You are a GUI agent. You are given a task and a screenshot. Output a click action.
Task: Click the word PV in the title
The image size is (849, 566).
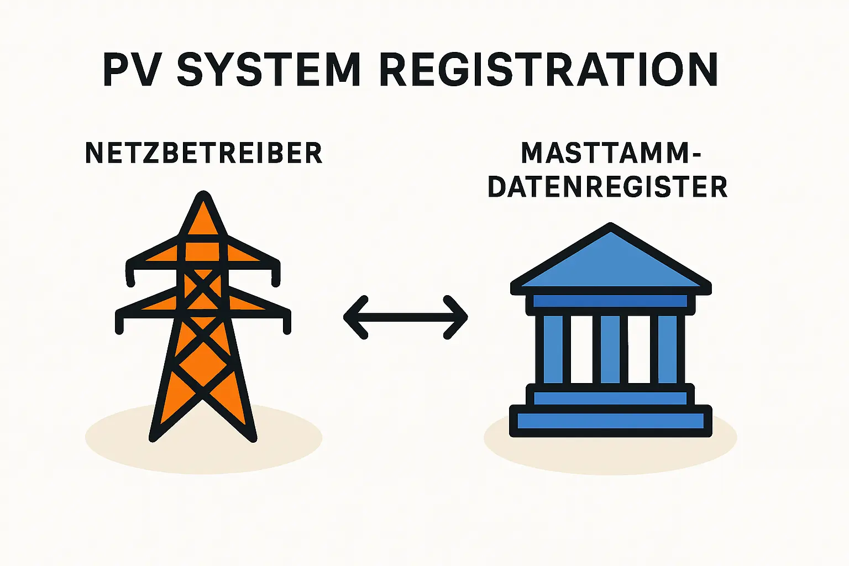tap(133, 70)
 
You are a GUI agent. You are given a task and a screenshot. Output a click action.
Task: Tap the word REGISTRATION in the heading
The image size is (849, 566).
tap(549, 70)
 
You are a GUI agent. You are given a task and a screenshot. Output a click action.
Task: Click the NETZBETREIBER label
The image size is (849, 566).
tap(203, 153)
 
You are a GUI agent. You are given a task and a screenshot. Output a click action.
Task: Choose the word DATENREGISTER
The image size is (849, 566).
tap(607, 187)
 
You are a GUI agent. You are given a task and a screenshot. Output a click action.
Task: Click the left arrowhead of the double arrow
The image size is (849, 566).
tap(354, 317)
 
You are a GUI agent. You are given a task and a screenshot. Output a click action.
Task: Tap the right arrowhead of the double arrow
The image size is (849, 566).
tap(459, 317)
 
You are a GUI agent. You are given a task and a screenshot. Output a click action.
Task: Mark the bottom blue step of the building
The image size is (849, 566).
tap(610, 421)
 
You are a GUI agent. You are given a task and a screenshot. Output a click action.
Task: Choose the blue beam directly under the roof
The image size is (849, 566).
tap(610, 301)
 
